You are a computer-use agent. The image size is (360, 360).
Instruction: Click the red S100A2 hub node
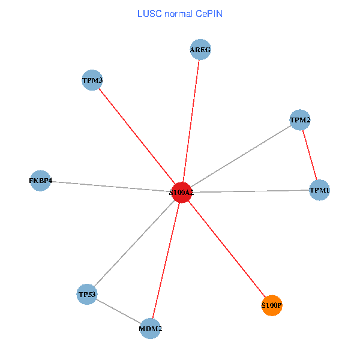click(x=181, y=192)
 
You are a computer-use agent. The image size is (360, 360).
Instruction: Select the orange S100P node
click(x=272, y=305)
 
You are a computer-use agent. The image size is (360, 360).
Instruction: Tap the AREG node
click(x=200, y=50)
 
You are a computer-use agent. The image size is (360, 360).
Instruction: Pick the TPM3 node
click(x=92, y=80)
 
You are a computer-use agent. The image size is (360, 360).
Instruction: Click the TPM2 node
click(x=300, y=120)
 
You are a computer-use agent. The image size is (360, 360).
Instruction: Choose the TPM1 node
click(x=319, y=190)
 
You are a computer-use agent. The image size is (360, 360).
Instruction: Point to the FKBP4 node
click(x=41, y=180)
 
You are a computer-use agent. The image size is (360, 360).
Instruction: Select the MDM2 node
click(x=151, y=329)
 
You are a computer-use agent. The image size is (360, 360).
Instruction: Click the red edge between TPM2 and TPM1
click(x=310, y=155)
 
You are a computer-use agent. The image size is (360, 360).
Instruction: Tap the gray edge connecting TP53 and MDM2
click(x=119, y=311)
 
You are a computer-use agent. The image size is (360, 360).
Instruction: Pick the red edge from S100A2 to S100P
click(x=227, y=249)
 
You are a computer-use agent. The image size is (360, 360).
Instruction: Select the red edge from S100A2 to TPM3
click(x=137, y=136)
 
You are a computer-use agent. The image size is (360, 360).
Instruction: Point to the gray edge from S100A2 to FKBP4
click(x=111, y=186)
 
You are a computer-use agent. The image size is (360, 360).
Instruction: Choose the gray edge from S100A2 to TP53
click(x=134, y=243)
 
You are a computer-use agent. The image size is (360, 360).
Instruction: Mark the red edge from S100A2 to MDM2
click(x=166, y=260)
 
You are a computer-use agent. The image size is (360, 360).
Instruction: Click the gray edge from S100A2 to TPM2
click(x=241, y=156)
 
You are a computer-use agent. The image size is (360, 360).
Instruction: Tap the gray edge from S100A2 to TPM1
click(x=250, y=191)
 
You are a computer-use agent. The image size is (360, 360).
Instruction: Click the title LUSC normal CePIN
click(x=180, y=13)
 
